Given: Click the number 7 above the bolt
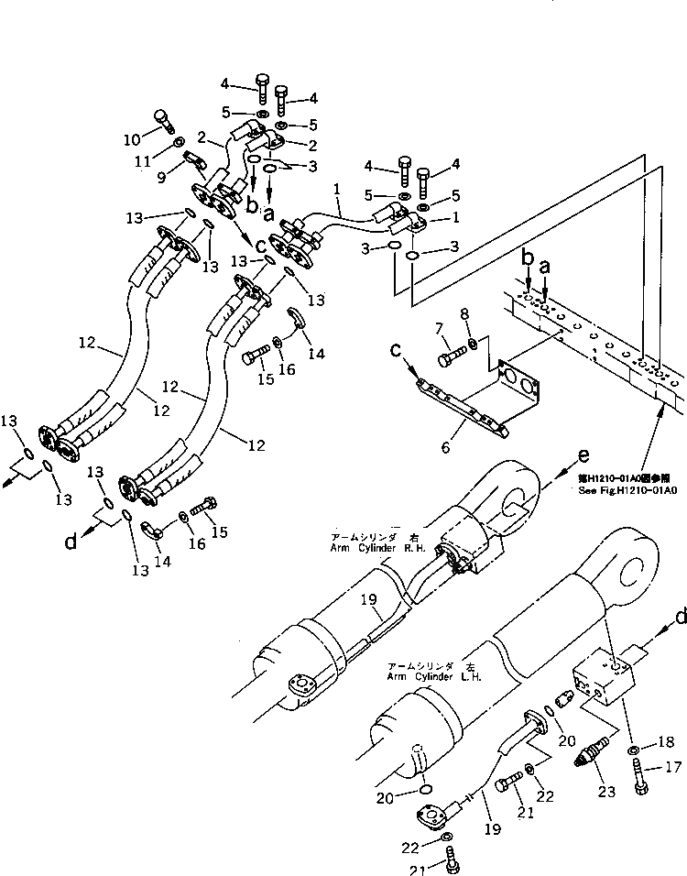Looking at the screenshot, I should click(439, 328).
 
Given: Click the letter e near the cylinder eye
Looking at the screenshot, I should click(583, 454).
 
